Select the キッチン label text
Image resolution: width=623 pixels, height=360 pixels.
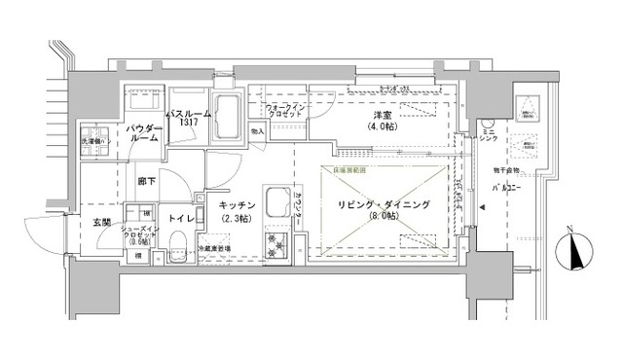pyautogui.click(x=237, y=209)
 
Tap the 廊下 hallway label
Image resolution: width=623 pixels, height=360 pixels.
pyautogui.click(x=146, y=181)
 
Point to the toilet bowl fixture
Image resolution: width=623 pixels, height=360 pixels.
pyautogui.click(x=178, y=255)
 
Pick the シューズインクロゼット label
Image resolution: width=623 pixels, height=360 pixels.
pyautogui.click(x=134, y=236)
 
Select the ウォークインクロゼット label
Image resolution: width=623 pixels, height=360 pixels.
pyautogui.click(x=285, y=110)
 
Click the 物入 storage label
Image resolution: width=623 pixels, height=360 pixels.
pyautogui.click(x=257, y=130)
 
